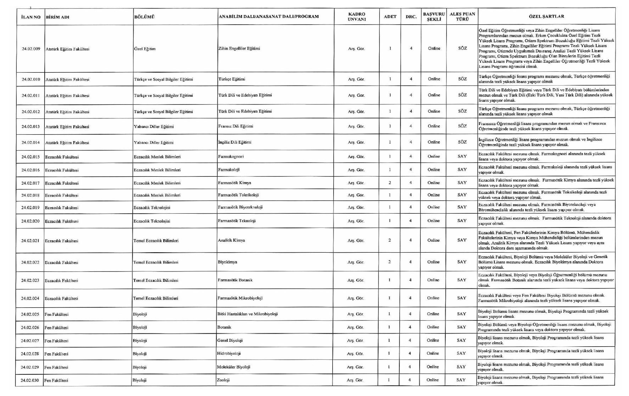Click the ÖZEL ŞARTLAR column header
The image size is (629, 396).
tap(546, 16)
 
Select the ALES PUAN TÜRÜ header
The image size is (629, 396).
tap(462, 16)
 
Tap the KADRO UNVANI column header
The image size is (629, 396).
tap(357, 16)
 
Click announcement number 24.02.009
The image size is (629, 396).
tap(31, 49)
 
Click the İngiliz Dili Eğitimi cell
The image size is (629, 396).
tap(235, 142)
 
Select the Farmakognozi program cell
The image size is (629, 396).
tap(231, 157)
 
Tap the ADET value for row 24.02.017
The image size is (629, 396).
tap(390, 183)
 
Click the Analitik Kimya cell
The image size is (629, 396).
tap(231, 240)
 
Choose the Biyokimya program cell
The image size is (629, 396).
tap(227, 262)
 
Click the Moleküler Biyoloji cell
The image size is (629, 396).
tap(233, 367)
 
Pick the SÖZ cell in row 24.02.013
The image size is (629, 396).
tap(462, 126)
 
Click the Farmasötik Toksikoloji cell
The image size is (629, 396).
tap(238, 195)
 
